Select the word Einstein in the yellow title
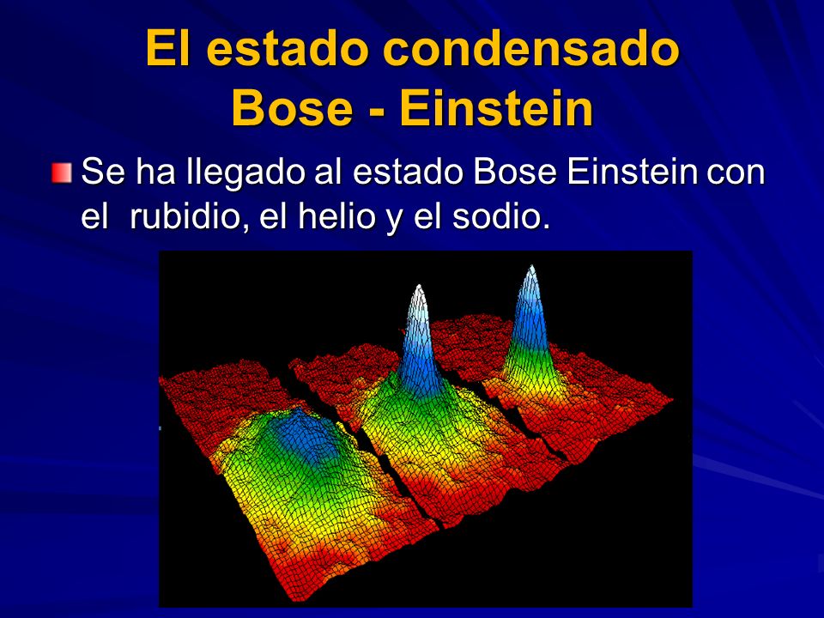click(496, 109)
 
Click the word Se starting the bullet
click(99, 174)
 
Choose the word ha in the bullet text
click(147, 174)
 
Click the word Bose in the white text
click(516, 174)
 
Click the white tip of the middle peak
click(418, 289)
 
